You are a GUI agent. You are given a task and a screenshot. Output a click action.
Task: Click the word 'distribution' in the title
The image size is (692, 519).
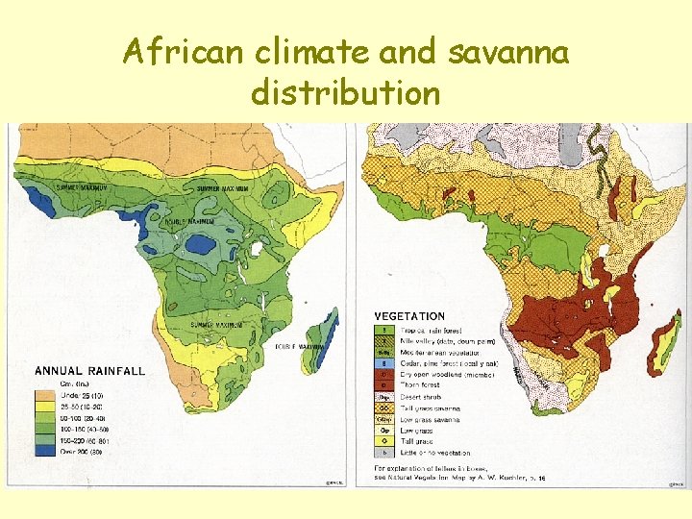(346, 93)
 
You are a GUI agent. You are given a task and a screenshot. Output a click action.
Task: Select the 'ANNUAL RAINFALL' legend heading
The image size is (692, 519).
(90, 370)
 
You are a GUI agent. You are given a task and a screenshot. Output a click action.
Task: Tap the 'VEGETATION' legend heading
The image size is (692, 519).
(409, 316)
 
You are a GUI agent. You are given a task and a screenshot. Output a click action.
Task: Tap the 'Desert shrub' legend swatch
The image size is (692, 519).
(383, 396)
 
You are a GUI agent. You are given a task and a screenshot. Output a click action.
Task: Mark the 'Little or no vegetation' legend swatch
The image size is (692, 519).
(383, 452)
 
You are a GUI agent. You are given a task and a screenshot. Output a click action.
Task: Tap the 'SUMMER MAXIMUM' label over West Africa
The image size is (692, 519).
(82, 187)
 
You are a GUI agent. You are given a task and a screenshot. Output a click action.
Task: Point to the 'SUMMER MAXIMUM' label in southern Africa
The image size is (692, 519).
(215, 325)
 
